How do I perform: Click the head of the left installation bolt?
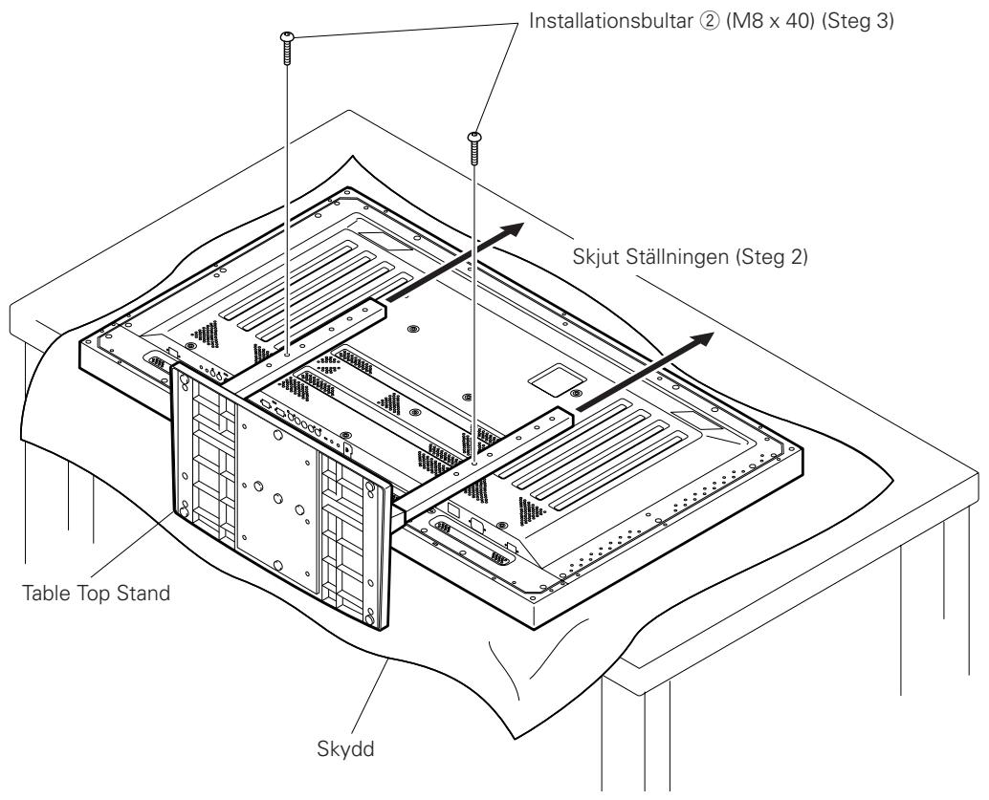tap(287, 37)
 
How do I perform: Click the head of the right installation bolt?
tap(475, 139)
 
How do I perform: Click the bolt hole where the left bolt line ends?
tap(287, 352)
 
